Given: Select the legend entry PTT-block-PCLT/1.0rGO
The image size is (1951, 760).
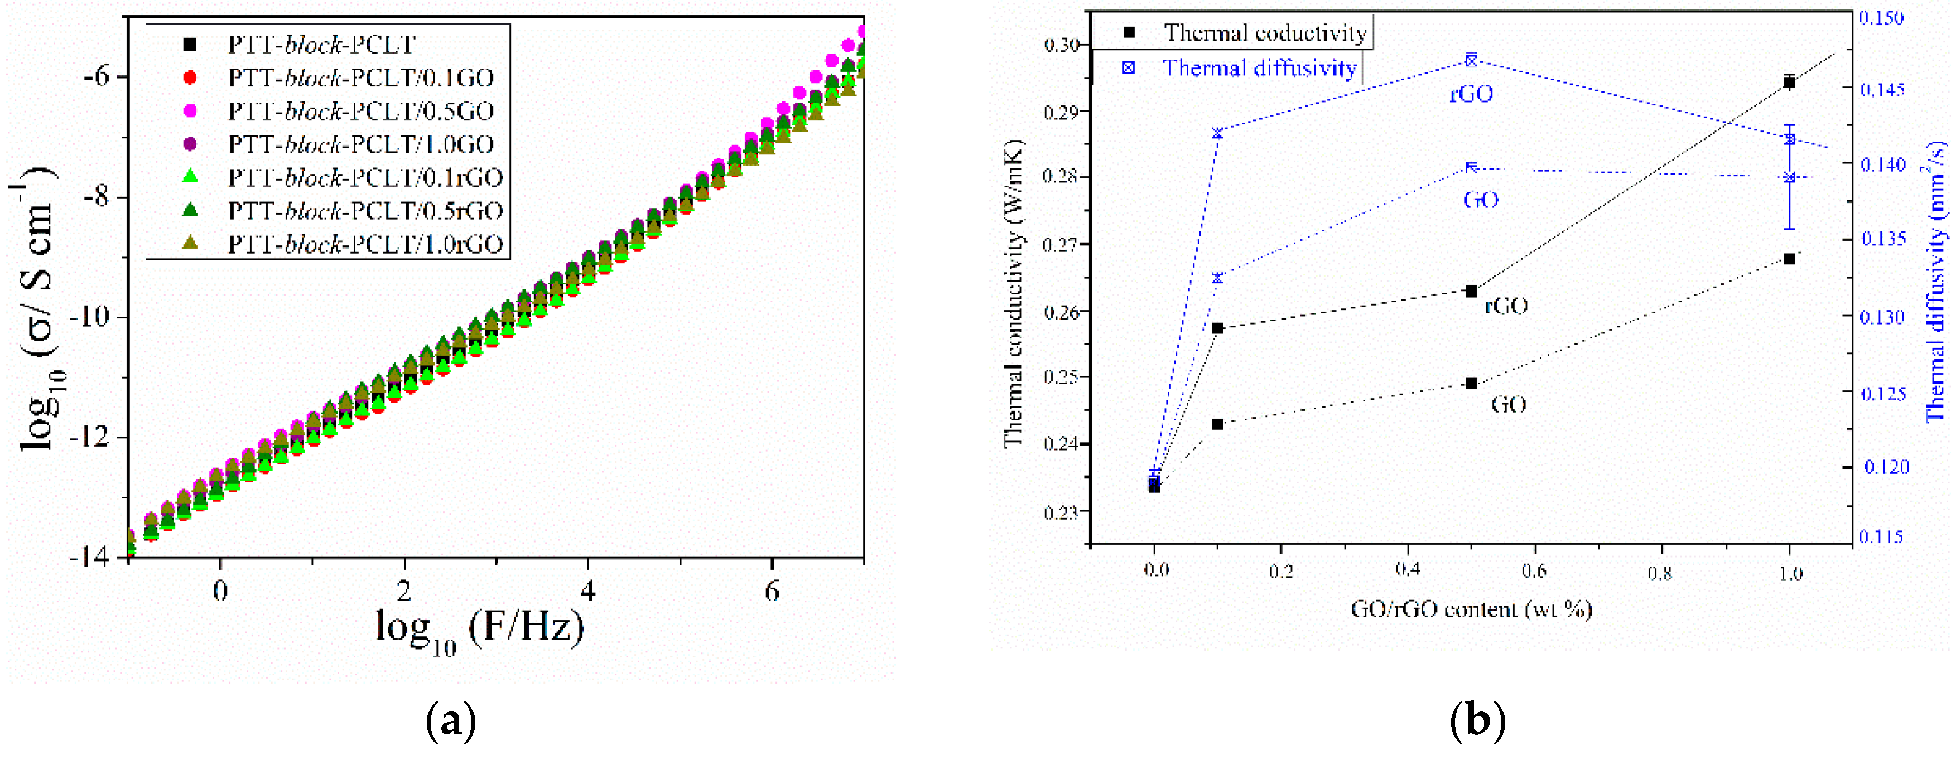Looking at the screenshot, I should click(x=365, y=244).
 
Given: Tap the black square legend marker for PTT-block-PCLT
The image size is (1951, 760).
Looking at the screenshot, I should click(x=190, y=45).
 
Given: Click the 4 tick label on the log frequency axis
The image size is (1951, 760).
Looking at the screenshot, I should click(x=587, y=591).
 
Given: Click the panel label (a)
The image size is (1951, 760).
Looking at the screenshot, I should click(x=451, y=720).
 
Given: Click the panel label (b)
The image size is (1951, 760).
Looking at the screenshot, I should click(x=1477, y=720).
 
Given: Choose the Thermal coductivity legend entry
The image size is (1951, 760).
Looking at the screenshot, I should click(x=1264, y=32).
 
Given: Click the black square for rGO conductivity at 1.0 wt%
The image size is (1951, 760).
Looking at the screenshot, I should click(x=1790, y=82).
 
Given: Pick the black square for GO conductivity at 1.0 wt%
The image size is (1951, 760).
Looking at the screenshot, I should click(x=1790, y=259).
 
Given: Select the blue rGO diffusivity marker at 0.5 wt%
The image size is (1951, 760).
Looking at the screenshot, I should click(x=1471, y=60).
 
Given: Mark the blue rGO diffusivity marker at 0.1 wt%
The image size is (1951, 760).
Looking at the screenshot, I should click(x=1217, y=133).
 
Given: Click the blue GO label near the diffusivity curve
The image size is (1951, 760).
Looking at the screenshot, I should click(x=1480, y=199).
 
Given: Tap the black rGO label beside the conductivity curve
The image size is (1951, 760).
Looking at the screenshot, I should click(x=1506, y=305).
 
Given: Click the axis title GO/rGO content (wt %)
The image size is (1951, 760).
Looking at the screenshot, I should click(x=1471, y=609).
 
